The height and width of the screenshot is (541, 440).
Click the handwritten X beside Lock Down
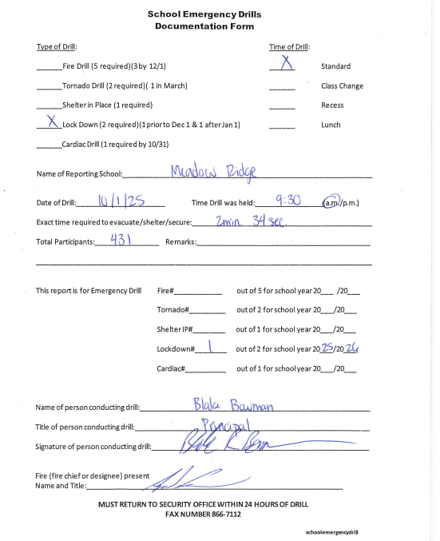[51, 123]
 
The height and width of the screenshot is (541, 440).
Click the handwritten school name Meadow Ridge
[213, 172]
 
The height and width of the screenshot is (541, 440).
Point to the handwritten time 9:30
[287, 201]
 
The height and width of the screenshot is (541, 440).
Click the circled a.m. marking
[331, 202]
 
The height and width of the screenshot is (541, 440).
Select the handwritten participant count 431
[120, 240]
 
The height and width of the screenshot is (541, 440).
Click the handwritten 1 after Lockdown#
[209, 347]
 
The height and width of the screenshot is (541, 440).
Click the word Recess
[332, 105]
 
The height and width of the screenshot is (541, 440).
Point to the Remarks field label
[180, 241]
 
